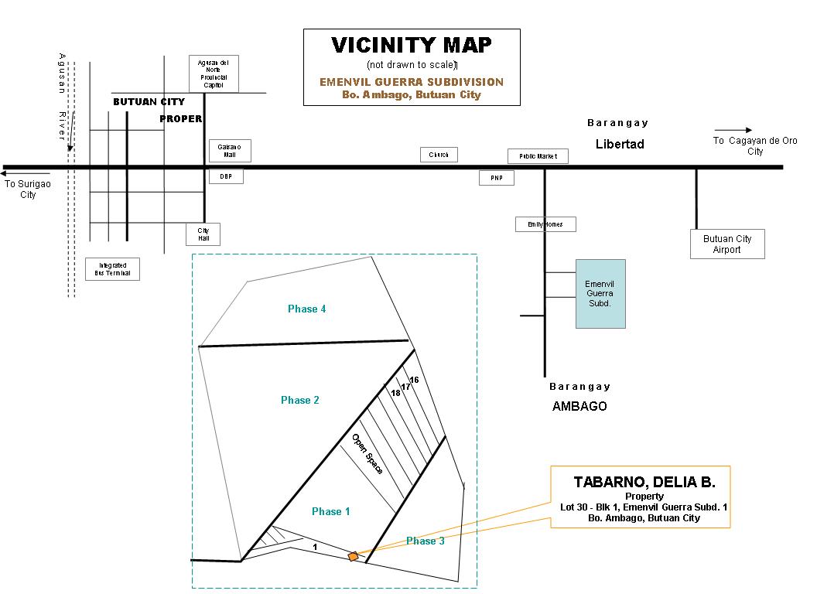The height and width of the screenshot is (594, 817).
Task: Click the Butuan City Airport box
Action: [727, 244]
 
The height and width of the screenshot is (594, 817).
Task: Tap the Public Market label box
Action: [538, 156]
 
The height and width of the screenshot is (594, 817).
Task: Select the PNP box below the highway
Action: [496, 178]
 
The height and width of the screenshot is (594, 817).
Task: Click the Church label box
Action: [439, 155]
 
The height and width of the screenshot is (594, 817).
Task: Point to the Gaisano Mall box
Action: [230, 151]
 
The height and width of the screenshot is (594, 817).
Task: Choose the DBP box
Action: [226, 176]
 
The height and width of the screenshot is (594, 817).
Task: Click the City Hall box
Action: [203, 234]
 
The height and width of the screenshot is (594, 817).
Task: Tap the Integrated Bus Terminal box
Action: [112, 269]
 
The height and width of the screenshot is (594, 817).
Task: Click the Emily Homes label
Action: [545, 224]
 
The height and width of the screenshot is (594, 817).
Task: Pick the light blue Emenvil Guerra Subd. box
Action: [600, 294]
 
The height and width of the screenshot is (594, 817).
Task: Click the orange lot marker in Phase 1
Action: [354, 556]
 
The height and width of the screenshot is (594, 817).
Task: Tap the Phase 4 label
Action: [306, 309]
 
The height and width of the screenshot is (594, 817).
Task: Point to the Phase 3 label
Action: [426, 541]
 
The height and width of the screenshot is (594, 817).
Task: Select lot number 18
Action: [395, 393]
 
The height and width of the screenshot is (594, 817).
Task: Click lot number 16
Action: [414, 380]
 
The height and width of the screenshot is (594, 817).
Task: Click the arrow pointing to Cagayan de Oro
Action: [733, 130]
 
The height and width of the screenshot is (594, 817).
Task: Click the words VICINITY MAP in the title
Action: [412, 46]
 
